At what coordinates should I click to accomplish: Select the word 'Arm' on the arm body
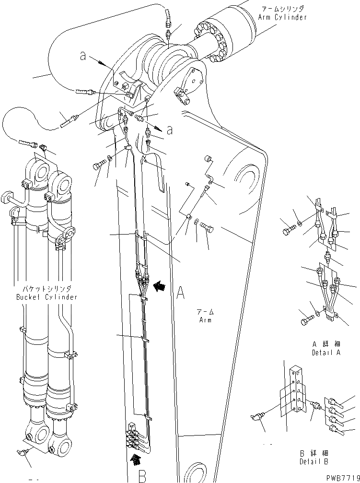[206, 320]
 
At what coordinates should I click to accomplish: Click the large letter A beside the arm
[180, 292]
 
